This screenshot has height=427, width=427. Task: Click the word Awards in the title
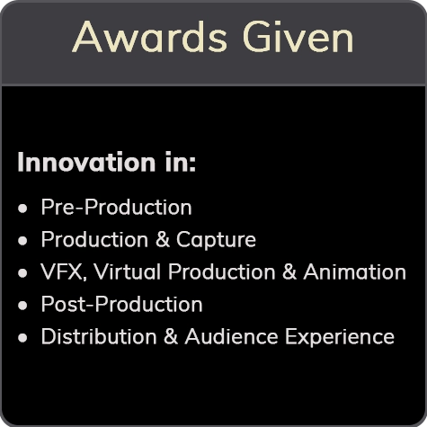pos(149,37)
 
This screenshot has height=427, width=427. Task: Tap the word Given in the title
pos(298,37)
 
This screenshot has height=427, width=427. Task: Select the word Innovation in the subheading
pos(86,162)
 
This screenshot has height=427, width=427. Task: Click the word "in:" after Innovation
pos(181,162)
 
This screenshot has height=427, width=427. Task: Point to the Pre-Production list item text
pos(116,207)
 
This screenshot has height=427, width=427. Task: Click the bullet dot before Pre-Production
pos(22,209)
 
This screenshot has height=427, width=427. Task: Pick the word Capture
pos(216,240)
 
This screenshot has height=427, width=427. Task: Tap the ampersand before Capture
pos(163,239)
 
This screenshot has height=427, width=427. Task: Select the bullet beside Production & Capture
pos(22,241)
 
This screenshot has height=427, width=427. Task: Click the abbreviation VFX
pos(64,271)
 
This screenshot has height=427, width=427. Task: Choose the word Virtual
pos(127,271)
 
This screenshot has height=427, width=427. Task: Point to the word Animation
pos(354,271)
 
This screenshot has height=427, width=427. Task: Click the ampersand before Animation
pos(289,271)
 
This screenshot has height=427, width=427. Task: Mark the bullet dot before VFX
pos(22,273)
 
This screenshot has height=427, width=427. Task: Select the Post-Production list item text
pos(121,304)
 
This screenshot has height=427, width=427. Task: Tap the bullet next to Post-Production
pos(22,306)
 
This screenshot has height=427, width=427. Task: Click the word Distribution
pos(99,336)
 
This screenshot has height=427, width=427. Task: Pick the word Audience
pos(231,336)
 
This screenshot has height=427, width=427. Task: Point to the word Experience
pos(340,337)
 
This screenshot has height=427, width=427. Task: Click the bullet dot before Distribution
pos(22,338)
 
